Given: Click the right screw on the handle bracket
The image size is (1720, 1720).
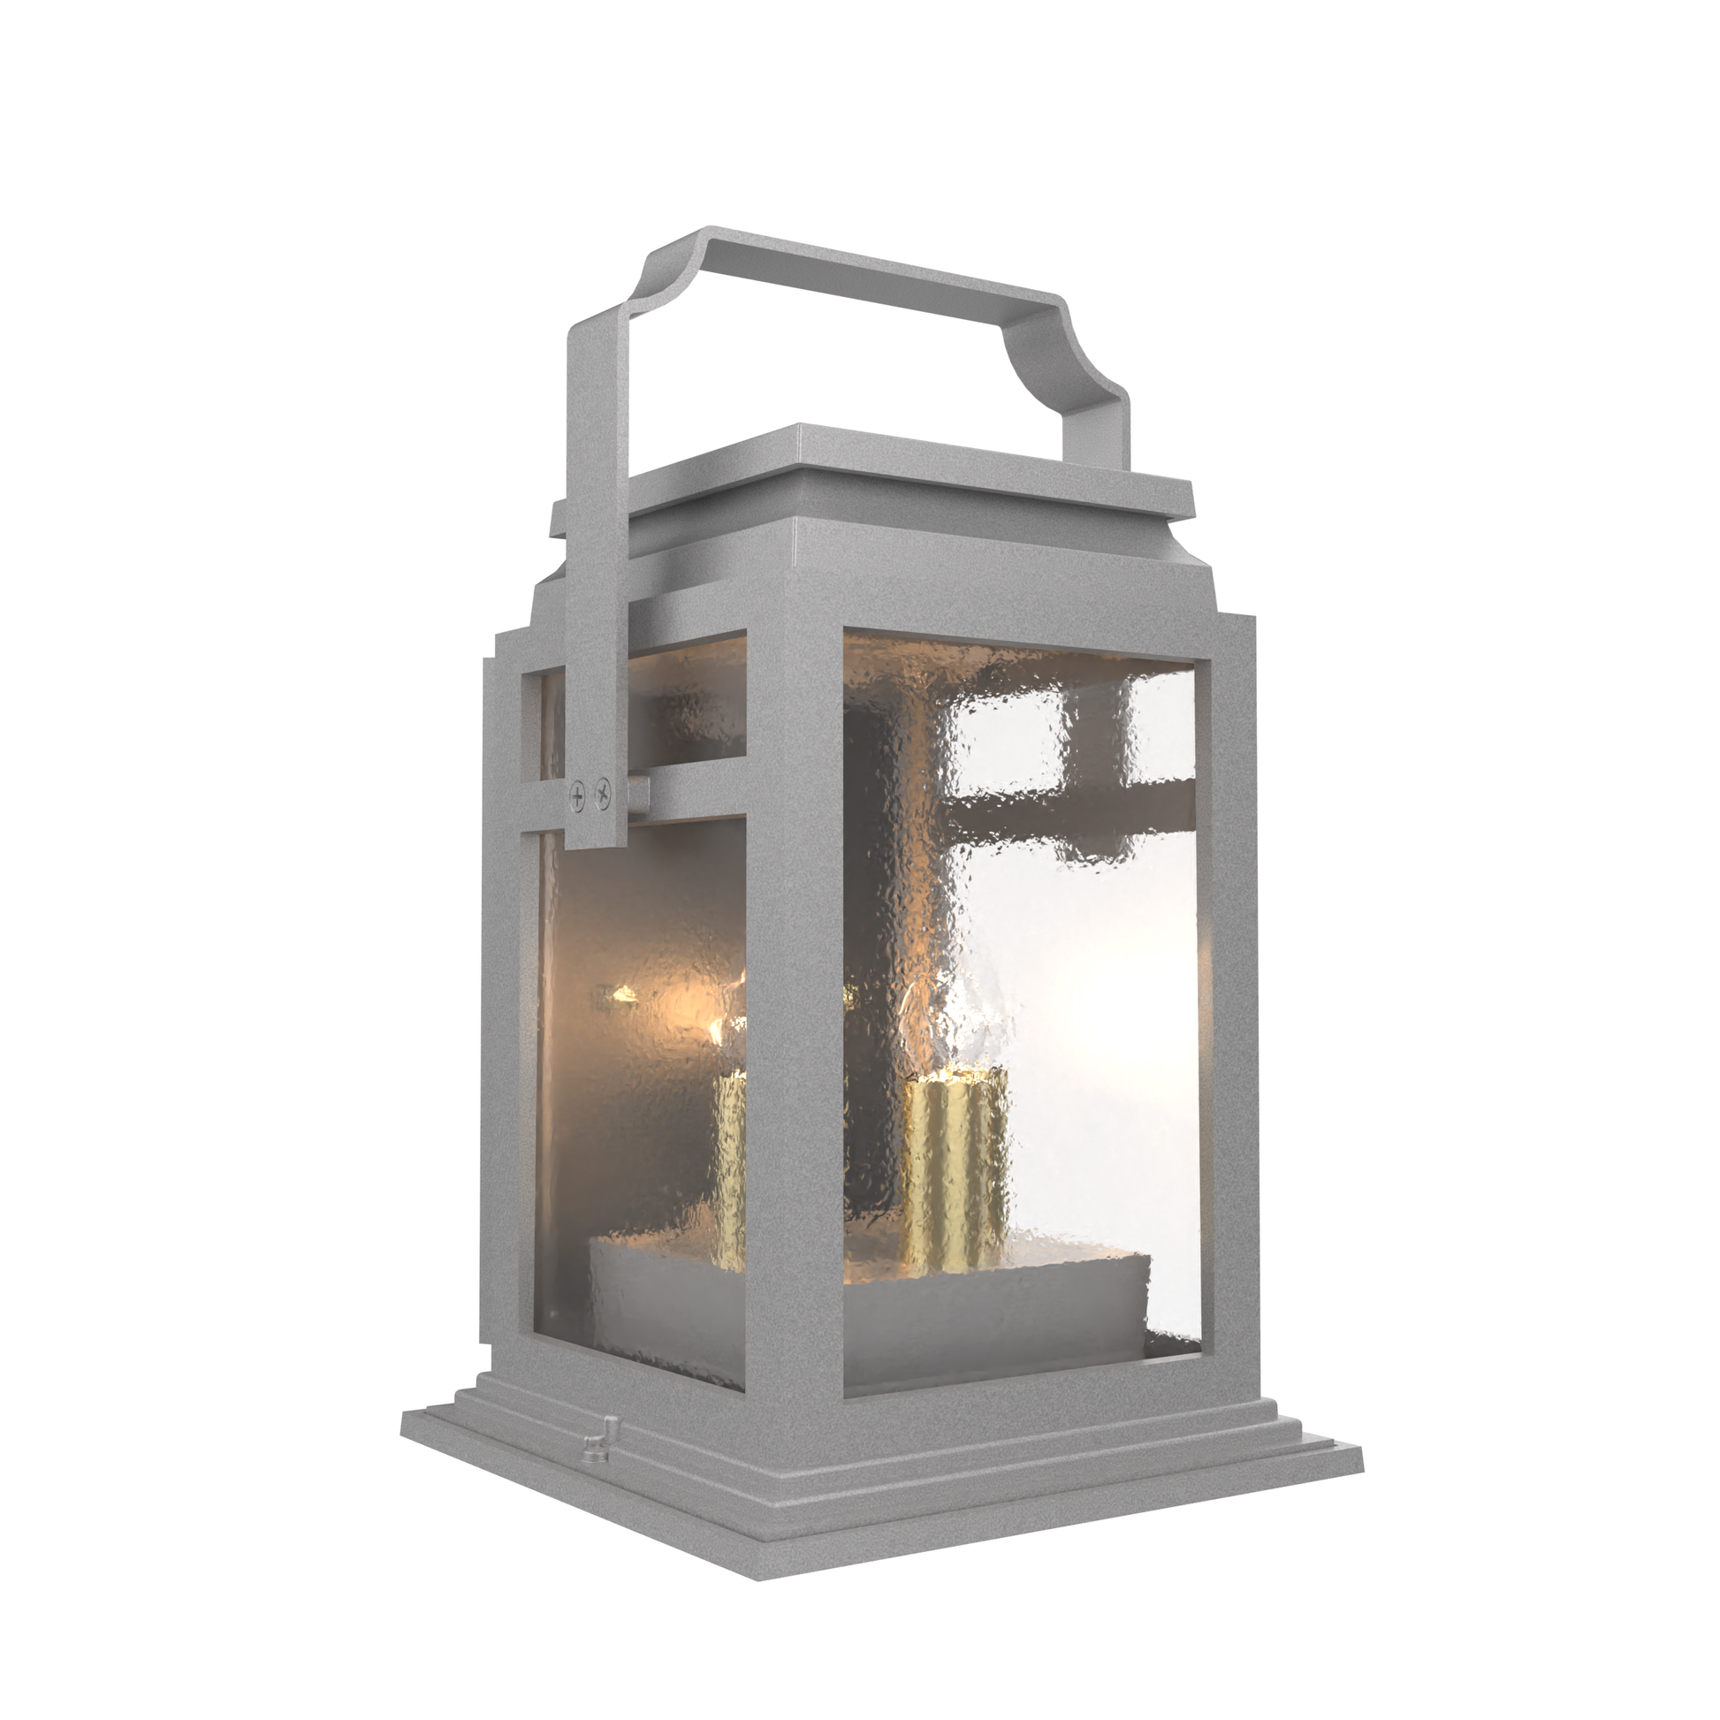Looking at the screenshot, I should pos(604,788).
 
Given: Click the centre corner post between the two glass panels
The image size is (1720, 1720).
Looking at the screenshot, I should pos(792,1024).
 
